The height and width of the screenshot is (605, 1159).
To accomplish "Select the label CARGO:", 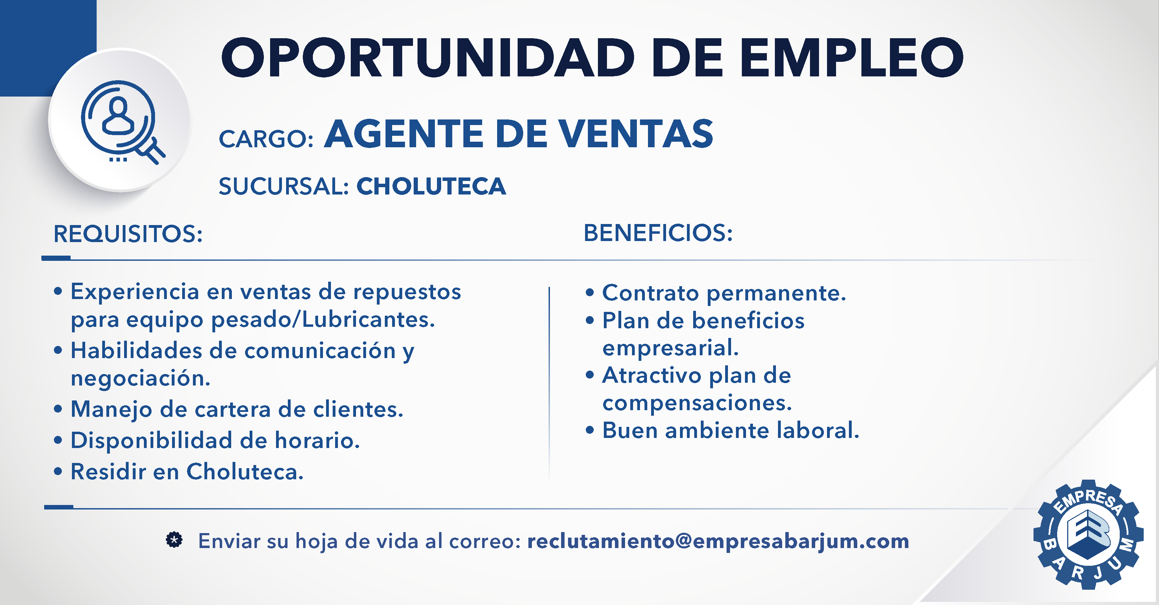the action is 266,139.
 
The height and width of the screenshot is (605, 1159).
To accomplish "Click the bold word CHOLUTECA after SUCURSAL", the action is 431,186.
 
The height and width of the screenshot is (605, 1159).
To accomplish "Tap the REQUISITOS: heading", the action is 128,234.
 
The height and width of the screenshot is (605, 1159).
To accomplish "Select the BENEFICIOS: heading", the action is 658,233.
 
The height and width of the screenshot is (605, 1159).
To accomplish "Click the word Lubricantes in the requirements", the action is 368,319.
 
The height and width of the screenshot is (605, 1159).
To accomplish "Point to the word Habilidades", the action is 136,350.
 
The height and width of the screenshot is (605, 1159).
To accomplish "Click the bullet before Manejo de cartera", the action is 58,409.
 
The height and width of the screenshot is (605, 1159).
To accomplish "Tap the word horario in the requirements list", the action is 317,440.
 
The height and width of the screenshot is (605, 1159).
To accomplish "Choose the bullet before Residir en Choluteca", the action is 58,472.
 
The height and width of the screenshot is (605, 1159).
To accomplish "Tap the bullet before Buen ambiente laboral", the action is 590,430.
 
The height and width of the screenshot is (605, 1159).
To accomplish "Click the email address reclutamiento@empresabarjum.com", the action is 718,541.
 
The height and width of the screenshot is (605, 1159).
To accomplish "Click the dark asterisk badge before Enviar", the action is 174,539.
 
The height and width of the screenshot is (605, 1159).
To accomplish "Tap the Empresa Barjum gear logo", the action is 1088,534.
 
